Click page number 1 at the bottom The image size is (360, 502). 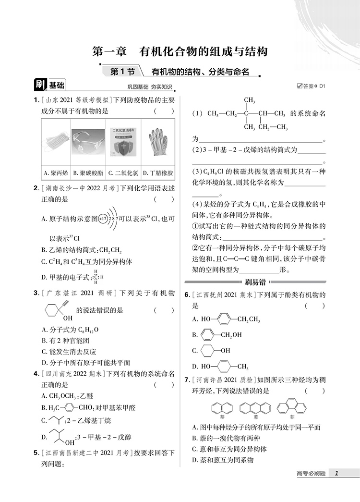pyautogui.click(x=337, y=474)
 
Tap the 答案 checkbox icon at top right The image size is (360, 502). pyautogui.click(x=300, y=86)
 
